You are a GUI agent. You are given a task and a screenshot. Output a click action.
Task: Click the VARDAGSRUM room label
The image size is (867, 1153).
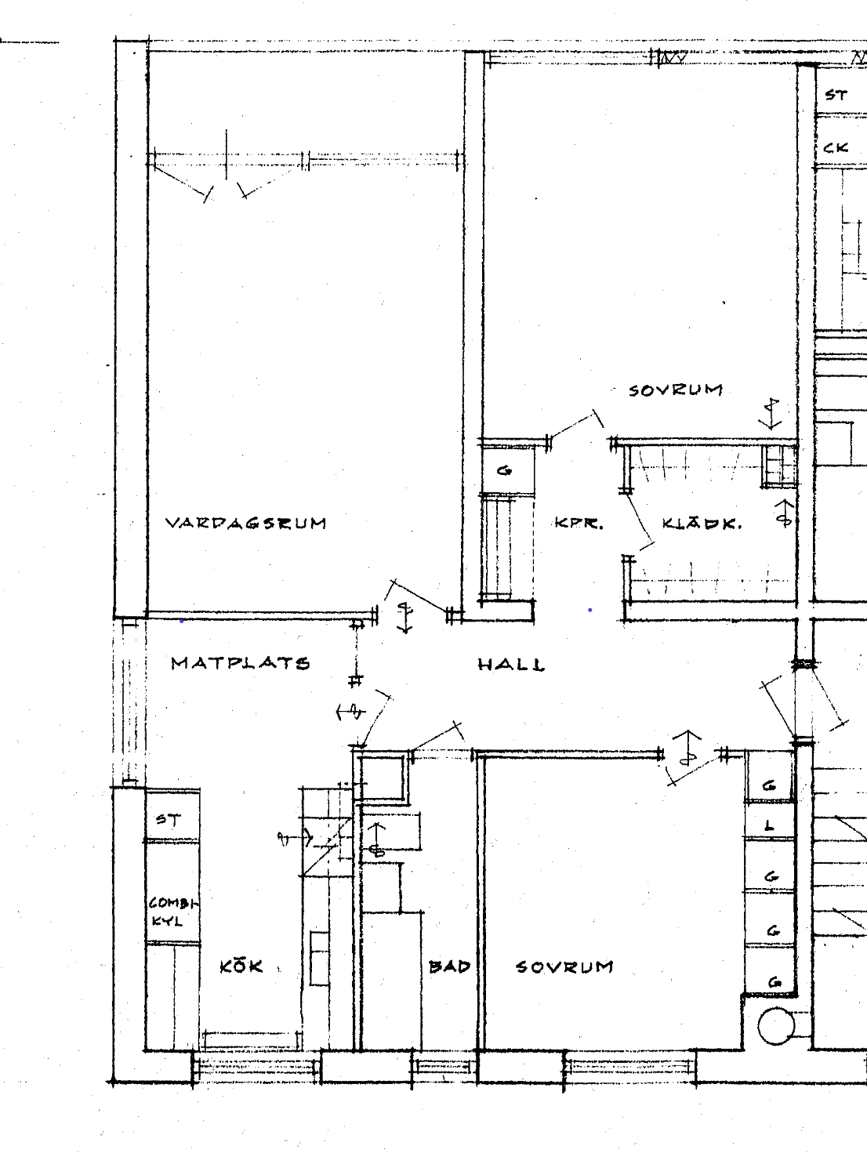coord(246,523)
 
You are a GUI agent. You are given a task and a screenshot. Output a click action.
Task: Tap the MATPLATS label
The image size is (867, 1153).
coord(241,663)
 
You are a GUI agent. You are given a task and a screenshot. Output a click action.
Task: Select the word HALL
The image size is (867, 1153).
coord(511,665)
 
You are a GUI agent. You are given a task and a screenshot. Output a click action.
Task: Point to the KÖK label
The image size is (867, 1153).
coord(241,966)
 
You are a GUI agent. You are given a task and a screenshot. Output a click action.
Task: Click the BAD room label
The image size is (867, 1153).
coord(449,966)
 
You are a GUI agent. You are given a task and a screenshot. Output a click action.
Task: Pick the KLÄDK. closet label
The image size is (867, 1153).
coord(702,523)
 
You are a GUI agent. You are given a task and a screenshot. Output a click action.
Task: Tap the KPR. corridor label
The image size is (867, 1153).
coord(579,523)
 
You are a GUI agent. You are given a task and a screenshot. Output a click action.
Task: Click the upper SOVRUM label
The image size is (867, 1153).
coord(676,390)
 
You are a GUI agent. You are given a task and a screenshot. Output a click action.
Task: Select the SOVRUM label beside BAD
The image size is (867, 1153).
coord(564,966)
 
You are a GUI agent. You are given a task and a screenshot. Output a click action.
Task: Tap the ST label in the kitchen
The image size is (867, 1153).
coord(169,819)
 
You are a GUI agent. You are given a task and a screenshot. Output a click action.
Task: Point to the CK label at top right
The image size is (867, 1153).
coord(836,147)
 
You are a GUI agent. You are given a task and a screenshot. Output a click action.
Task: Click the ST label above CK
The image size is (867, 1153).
coord(836,95)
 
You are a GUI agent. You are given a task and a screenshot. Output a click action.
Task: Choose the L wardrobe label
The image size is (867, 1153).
coord(769,826)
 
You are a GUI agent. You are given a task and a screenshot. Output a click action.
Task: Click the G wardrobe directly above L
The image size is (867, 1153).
coord(769,786)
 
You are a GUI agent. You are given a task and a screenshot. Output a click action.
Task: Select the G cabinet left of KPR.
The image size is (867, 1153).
coord(504,470)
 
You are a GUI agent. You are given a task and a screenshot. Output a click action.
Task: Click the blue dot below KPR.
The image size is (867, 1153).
coord(590,610)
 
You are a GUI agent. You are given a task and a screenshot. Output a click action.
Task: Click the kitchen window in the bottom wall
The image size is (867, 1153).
coord(257,1066)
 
